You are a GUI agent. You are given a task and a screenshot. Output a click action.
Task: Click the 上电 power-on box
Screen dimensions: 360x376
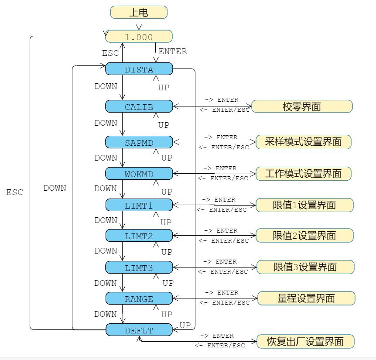click(x=139, y=12)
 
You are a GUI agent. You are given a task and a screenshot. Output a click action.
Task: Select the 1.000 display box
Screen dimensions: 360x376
click(x=139, y=37)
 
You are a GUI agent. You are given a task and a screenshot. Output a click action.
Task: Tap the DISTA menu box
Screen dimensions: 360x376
click(x=139, y=69)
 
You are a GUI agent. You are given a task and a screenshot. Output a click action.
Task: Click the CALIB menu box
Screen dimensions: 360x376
click(x=139, y=106)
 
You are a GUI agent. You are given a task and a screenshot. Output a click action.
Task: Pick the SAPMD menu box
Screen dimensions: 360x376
click(x=139, y=142)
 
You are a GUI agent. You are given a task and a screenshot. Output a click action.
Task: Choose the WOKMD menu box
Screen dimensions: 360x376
click(x=139, y=174)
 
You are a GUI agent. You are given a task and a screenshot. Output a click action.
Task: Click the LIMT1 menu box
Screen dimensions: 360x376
click(x=139, y=205)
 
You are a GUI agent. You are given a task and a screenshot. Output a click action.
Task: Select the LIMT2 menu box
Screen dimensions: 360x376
click(x=139, y=236)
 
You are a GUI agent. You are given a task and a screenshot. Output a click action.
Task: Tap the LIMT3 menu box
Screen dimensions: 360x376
click(x=139, y=267)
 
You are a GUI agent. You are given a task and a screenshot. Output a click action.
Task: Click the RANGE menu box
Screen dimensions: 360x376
click(x=139, y=298)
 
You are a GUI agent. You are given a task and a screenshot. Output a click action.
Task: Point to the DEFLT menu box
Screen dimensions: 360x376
click(x=139, y=330)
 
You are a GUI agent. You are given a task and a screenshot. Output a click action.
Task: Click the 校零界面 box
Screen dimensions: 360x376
click(x=302, y=106)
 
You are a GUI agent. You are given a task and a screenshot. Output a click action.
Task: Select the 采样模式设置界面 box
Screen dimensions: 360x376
click(x=303, y=142)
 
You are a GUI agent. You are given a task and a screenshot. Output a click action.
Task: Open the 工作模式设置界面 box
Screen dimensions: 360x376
click(x=303, y=174)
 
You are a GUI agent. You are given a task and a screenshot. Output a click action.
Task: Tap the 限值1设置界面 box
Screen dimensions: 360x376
click(x=304, y=205)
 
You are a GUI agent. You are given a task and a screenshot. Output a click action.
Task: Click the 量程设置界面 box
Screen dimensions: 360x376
click(x=306, y=298)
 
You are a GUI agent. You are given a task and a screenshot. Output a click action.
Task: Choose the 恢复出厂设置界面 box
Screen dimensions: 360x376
click(x=305, y=341)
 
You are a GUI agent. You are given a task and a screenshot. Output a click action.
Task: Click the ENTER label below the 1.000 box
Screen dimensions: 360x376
click(x=173, y=51)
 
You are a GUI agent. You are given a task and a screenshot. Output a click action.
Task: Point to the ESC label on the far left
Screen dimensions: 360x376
click(x=15, y=192)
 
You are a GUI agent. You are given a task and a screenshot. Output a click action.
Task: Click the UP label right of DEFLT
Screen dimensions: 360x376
click(x=185, y=326)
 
